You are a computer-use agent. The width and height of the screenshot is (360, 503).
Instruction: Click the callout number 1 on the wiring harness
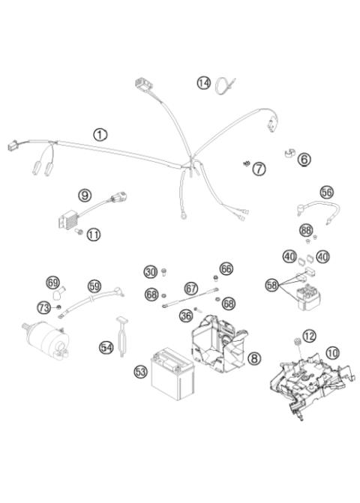coord(100,134)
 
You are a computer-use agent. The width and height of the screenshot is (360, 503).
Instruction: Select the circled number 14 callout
coord(203,82)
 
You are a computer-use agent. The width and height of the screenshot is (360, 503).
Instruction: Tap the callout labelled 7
coord(259,169)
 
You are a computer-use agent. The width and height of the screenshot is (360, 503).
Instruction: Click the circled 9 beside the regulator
coord(85,196)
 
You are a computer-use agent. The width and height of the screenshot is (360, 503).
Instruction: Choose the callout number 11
coord(93,235)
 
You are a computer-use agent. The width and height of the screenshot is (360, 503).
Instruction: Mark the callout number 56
coord(326,192)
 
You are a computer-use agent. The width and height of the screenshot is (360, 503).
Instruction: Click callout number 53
coord(140,370)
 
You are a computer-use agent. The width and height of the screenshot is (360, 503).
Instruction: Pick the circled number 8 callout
coord(254,358)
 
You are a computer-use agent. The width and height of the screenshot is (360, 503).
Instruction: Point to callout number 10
coord(332,350)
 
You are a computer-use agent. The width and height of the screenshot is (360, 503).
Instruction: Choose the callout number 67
coord(191,287)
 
